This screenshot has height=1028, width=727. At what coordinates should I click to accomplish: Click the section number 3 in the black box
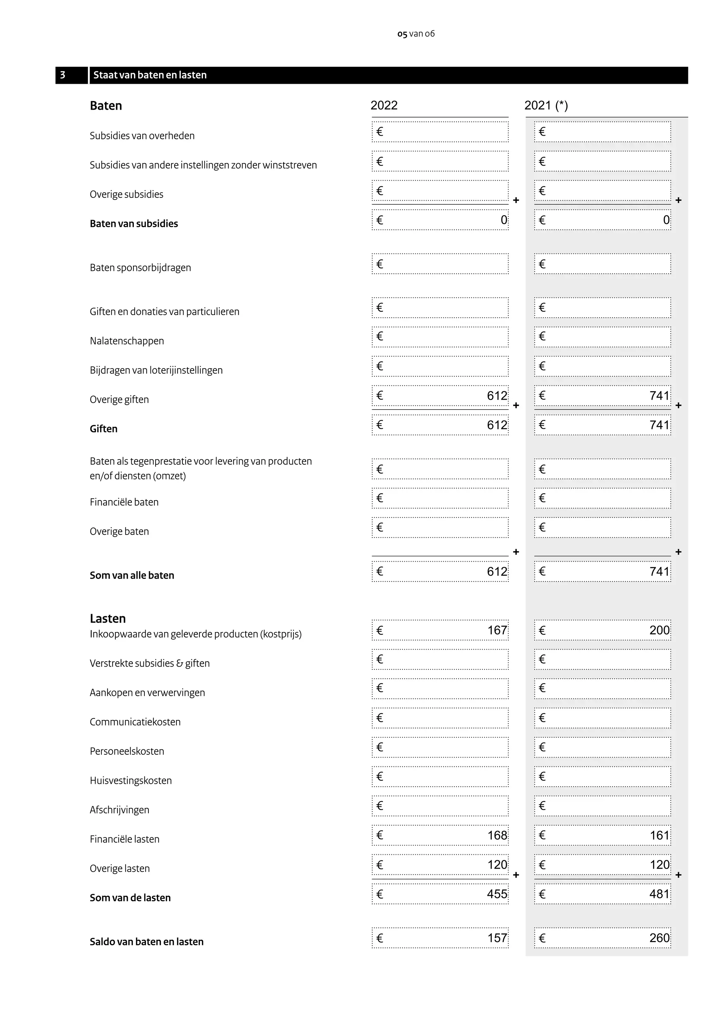click(63, 75)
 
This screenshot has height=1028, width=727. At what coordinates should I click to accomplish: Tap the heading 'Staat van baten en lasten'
click(149, 75)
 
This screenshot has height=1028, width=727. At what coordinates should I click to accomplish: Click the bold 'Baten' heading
click(106, 106)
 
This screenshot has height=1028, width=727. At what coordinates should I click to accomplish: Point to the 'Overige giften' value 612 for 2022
click(497, 396)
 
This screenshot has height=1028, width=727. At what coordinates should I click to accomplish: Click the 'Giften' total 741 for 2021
click(659, 425)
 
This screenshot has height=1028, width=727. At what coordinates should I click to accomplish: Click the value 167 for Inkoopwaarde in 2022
click(497, 630)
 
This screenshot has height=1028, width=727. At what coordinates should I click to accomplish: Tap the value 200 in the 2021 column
click(659, 630)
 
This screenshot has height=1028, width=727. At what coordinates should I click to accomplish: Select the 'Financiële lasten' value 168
click(497, 836)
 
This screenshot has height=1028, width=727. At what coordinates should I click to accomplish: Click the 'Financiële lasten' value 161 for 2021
click(659, 836)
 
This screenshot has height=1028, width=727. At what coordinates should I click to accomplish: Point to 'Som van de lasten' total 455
click(497, 894)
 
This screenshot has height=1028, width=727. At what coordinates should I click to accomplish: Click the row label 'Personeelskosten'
click(127, 751)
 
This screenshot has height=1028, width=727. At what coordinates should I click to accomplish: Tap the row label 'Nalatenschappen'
click(127, 341)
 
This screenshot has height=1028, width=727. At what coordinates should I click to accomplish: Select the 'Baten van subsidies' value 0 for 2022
click(503, 220)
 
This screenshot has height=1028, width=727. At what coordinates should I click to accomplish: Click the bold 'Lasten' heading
click(108, 618)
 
